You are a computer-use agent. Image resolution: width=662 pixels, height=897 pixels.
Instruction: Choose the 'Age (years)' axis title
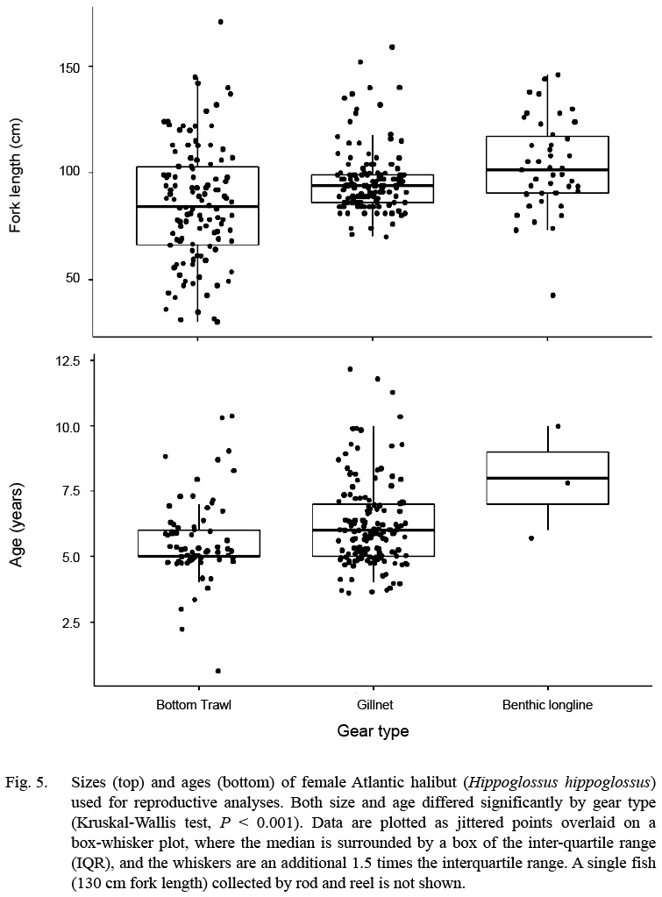[16, 516]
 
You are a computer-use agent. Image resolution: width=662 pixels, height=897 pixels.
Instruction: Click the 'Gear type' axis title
[373, 730]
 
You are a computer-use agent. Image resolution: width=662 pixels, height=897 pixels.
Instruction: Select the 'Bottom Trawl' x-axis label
[196, 704]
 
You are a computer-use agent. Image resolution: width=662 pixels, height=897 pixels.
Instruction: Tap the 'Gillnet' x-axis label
[373, 704]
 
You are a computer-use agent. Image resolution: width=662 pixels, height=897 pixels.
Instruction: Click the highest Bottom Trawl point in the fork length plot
[220, 22]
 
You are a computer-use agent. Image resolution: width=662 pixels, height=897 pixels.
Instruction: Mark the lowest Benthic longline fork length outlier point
[552, 295]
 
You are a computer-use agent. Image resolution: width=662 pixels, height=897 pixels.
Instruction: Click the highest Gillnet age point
[350, 369]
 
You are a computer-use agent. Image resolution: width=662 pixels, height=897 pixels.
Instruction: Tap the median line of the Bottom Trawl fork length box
[196, 207]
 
